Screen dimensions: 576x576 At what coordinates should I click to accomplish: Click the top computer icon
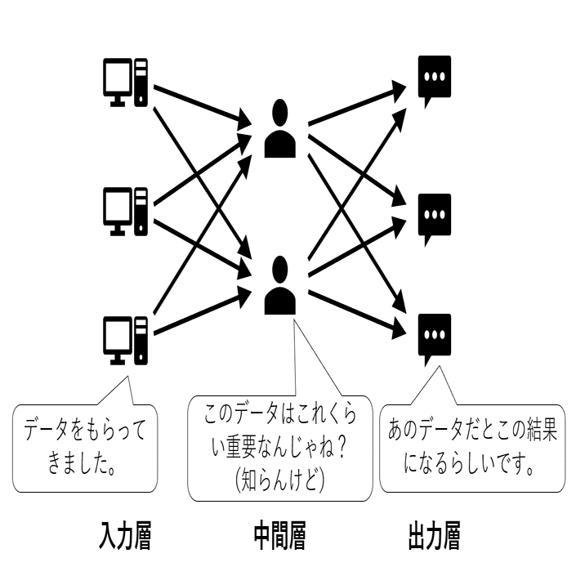click(x=125, y=82)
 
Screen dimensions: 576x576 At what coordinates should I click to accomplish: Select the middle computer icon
click(x=125, y=211)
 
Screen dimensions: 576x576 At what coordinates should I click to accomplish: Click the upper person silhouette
click(x=281, y=128)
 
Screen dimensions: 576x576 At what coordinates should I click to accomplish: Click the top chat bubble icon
click(x=434, y=82)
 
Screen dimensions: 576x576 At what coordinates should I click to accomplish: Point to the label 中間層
click(x=279, y=537)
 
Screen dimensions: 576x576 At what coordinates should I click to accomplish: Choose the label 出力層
click(x=433, y=537)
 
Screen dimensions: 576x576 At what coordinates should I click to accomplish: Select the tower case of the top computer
click(x=142, y=82)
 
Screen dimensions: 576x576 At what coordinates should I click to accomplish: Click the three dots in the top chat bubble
click(x=434, y=76)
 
